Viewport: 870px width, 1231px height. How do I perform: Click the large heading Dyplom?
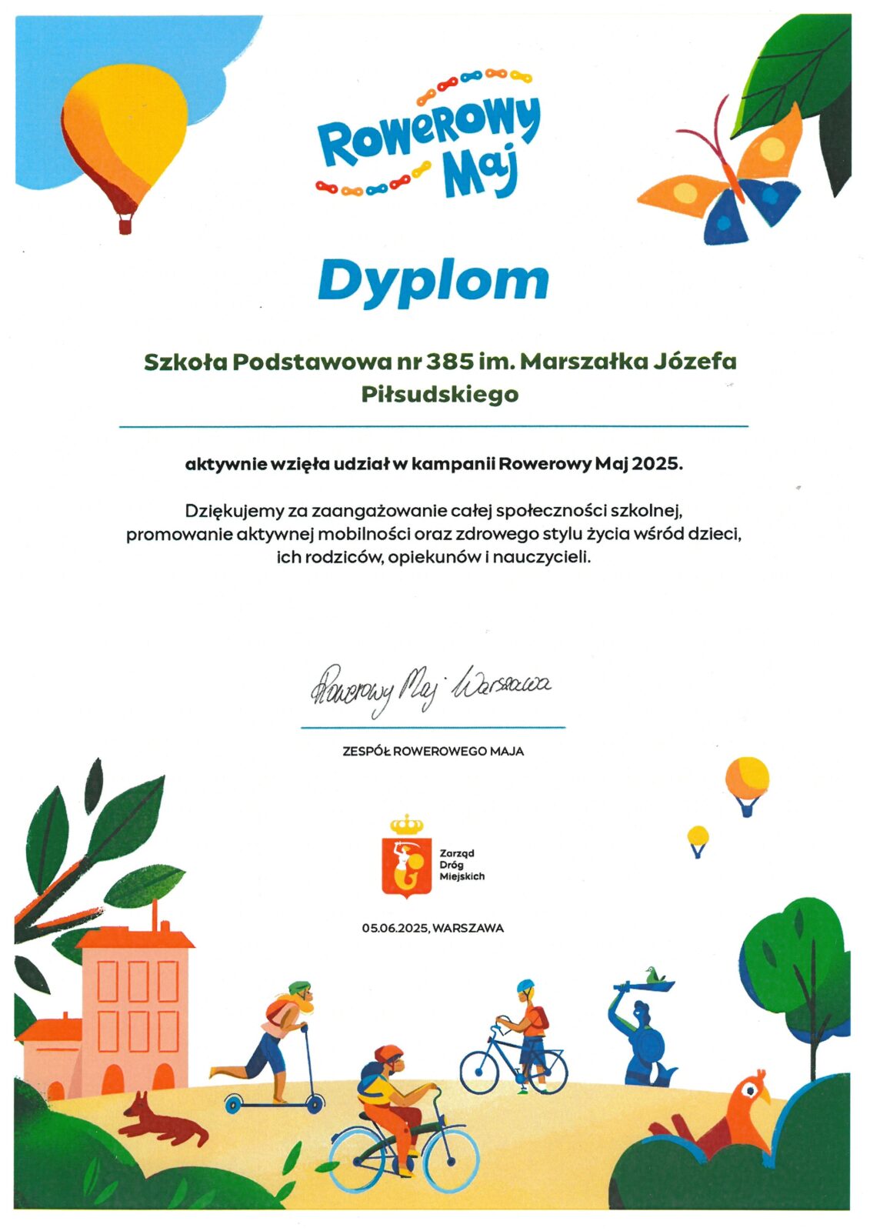433,281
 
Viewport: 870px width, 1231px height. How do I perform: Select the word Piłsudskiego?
440,394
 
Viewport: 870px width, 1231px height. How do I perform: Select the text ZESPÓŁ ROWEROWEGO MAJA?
433,751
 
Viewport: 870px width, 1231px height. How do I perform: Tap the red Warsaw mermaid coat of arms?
407,866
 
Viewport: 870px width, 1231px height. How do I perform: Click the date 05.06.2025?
396,928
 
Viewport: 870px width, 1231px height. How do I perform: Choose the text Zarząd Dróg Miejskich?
462,865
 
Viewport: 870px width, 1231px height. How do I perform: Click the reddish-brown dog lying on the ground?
162,1119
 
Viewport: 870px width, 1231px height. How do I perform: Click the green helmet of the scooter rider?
299,987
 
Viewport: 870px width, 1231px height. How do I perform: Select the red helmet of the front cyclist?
388,1053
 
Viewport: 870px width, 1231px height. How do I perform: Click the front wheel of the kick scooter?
315,1105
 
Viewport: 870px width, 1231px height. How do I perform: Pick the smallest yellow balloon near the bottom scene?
698,838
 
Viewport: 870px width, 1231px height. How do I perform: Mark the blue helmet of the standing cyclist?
525,986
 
